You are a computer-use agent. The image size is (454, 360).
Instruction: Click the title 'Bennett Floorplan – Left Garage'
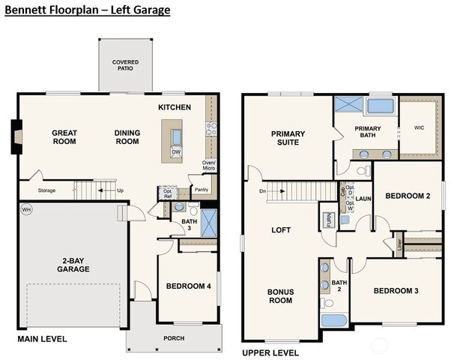[x=88, y=10]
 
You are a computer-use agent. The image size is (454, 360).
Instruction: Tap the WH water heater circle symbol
[x=25, y=209]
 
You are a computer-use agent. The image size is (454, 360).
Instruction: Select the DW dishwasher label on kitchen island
[x=176, y=152]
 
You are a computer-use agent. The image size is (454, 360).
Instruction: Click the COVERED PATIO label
[x=126, y=65]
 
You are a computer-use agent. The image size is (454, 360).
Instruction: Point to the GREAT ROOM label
[x=64, y=137]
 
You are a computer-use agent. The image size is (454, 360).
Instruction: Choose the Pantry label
[x=202, y=189]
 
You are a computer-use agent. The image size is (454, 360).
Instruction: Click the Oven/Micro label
[x=209, y=166]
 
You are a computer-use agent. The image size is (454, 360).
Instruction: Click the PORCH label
[x=174, y=337]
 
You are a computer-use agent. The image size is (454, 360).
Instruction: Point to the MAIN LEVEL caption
[x=42, y=339]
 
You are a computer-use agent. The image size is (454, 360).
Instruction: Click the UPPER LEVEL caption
[x=270, y=352]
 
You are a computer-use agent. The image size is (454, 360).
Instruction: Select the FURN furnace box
[x=328, y=219]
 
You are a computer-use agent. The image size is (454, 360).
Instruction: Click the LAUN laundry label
[x=363, y=199]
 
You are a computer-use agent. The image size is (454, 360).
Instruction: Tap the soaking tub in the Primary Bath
[x=381, y=105]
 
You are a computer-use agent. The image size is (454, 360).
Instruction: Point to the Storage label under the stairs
[x=47, y=190]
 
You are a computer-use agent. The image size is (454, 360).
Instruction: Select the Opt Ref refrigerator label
[x=168, y=193]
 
